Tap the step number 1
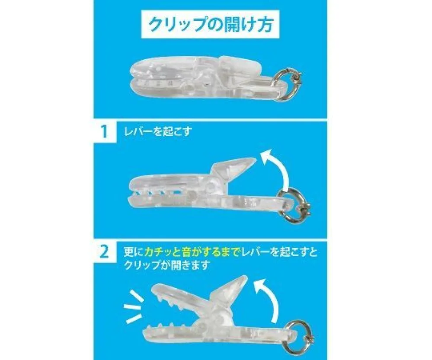[104, 132]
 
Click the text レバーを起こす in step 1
[158, 132]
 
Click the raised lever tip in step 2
[244, 276]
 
